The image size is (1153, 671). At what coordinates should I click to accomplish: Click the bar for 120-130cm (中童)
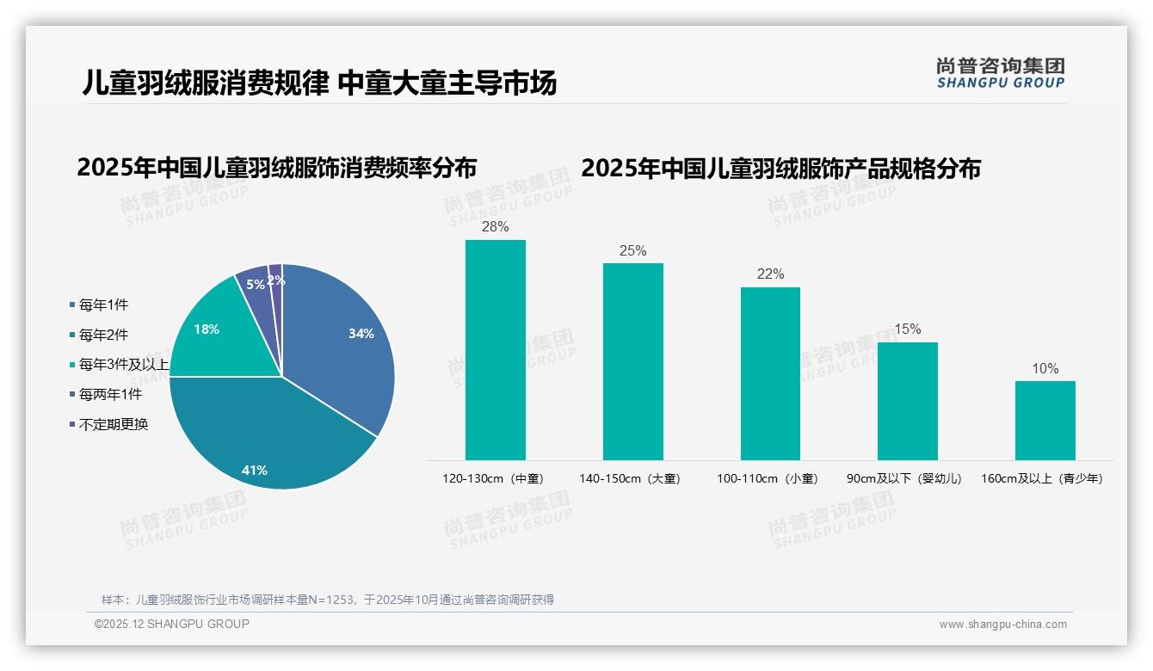click(x=496, y=350)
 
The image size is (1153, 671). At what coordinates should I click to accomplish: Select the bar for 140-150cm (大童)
click(x=633, y=361)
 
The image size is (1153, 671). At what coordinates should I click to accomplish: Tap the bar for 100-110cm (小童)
click(x=770, y=373)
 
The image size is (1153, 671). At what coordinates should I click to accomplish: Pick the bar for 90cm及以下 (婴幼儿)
click(x=908, y=401)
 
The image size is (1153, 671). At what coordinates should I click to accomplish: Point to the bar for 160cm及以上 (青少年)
click(x=1045, y=421)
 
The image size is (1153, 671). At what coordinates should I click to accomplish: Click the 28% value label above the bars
click(x=496, y=227)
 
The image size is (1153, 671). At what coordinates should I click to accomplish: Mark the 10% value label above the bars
click(x=1045, y=369)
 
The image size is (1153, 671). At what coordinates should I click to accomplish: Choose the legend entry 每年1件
click(x=103, y=305)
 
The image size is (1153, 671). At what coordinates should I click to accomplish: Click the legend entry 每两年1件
click(x=110, y=395)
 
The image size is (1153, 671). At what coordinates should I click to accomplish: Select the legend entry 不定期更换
click(x=114, y=425)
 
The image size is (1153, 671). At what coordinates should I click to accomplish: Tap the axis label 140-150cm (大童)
click(x=630, y=479)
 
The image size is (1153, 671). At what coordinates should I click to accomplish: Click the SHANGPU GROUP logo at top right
click(x=1001, y=73)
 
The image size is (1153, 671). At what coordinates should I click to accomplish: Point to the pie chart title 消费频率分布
click(x=276, y=168)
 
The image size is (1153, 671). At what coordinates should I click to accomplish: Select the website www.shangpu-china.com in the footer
click(x=1002, y=625)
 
